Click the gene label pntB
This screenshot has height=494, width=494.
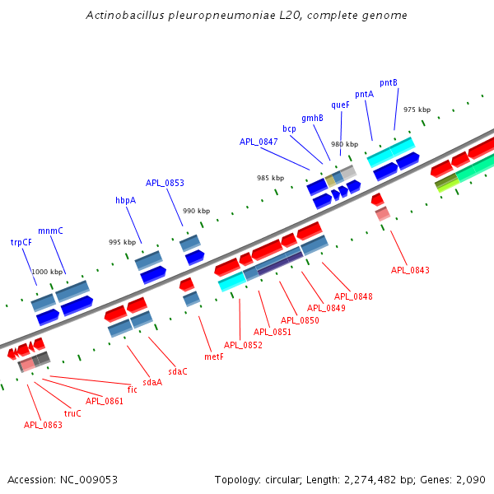[x=389, y=83]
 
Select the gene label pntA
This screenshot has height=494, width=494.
[x=364, y=94]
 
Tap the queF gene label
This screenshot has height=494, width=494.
[x=341, y=105]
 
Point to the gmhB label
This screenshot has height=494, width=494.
[x=312, y=119]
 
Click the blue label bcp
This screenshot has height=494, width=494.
[x=289, y=129]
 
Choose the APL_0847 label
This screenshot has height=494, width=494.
[x=259, y=142]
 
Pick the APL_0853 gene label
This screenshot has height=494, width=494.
[x=165, y=183]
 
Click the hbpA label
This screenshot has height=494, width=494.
[x=125, y=200]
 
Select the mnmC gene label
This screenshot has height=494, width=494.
[x=50, y=231]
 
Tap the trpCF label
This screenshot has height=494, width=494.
[x=21, y=242]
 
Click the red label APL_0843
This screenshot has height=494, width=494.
[x=410, y=270]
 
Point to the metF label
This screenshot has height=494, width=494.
[x=213, y=357]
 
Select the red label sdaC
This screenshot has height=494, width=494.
[x=178, y=371]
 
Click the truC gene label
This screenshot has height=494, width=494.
[x=72, y=413]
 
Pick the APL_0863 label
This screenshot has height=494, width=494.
[x=43, y=425]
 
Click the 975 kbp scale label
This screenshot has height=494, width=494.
[x=417, y=110]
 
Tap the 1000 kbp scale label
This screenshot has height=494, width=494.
[x=47, y=272]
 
